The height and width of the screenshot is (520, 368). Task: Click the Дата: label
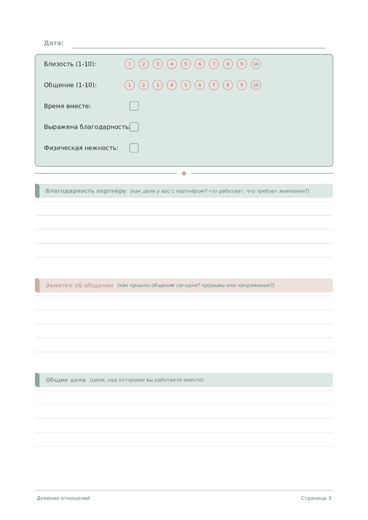[x=53, y=43]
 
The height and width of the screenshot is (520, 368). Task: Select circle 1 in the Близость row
[x=129, y=64]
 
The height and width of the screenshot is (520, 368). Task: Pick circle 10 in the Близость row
[x=256, y=64]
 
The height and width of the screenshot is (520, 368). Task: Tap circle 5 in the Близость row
[x=186, y=64]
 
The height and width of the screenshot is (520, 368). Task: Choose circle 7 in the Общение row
[x=213, y=85]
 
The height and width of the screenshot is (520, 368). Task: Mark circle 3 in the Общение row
[x=158, y=85]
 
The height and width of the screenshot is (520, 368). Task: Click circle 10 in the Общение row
[x=256, y=85]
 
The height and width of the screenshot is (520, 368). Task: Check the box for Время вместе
[x=134, y=106]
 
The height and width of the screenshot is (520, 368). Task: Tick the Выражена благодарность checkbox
[x=134, y=127]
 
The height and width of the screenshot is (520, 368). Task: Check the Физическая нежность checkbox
[x=134, y=148]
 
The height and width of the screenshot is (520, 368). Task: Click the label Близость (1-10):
[x=70, y=64]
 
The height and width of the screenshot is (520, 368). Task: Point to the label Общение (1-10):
[x=70, y=85]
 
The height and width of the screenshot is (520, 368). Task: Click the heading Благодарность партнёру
[x=86, y=191]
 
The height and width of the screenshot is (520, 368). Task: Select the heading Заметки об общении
[x=79, y=285]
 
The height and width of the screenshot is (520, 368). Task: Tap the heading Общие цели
[x=66, y=380]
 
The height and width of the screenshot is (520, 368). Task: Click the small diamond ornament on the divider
[x=184, y=174]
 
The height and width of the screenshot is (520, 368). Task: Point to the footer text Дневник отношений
[x=63, y=498]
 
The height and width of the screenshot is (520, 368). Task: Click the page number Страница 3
[x=316, y=498]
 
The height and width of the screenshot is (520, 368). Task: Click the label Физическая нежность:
[x=81, y=148]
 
